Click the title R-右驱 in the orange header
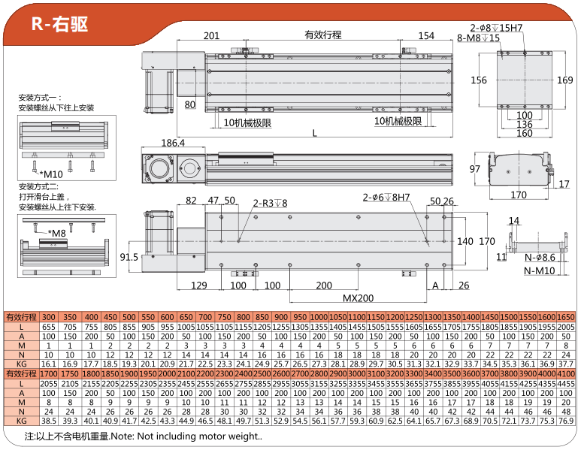click(60, 23)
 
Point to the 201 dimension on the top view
click(211, 35)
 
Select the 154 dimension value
click(426, 35)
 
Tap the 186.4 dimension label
click(173, 143)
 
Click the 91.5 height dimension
click(129, 258)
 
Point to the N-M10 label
click(540, 270)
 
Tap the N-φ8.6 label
click(540, 258)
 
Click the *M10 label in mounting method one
click(52, 174)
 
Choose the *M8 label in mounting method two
click(57, 233)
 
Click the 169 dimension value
click(564, 80)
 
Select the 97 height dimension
click(474, 168)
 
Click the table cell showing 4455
click(566, 383)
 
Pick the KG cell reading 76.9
click(566, 421)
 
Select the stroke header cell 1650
click(566, 317)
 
